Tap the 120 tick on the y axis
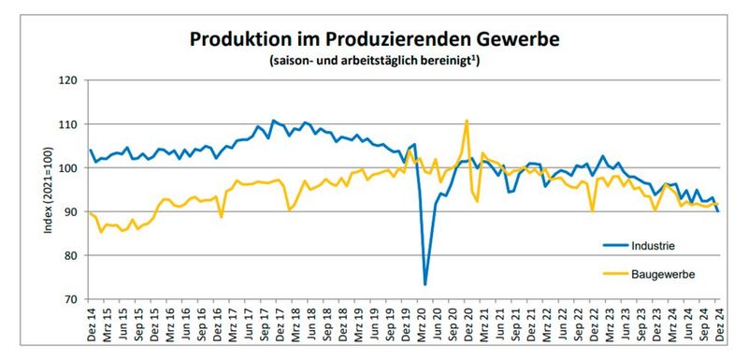[x=69, y=80]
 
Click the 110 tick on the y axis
[x=69, y=124]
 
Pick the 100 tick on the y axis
[x=69, y=168]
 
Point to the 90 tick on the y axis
[x=72, y=212]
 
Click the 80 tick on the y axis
[x=72, y=255]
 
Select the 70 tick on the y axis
[x=72, y=299]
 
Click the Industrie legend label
[x=654, y=246]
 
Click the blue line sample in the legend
[x=610, y=246]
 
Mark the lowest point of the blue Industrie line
[x=424, y=284]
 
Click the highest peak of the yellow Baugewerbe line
[x=466, y=121]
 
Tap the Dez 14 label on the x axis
[x=91, y=322]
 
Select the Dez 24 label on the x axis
[x=718, y=322]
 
